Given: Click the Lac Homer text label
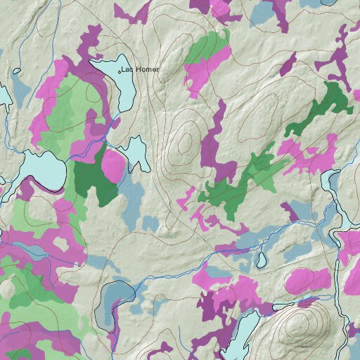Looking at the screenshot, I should [140, 70].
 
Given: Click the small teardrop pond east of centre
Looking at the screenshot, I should [261, 261].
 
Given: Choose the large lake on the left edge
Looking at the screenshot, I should [42, 172].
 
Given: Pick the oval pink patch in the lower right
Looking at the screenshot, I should [307, 280].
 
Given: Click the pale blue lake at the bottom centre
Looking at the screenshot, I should [239, 334].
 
